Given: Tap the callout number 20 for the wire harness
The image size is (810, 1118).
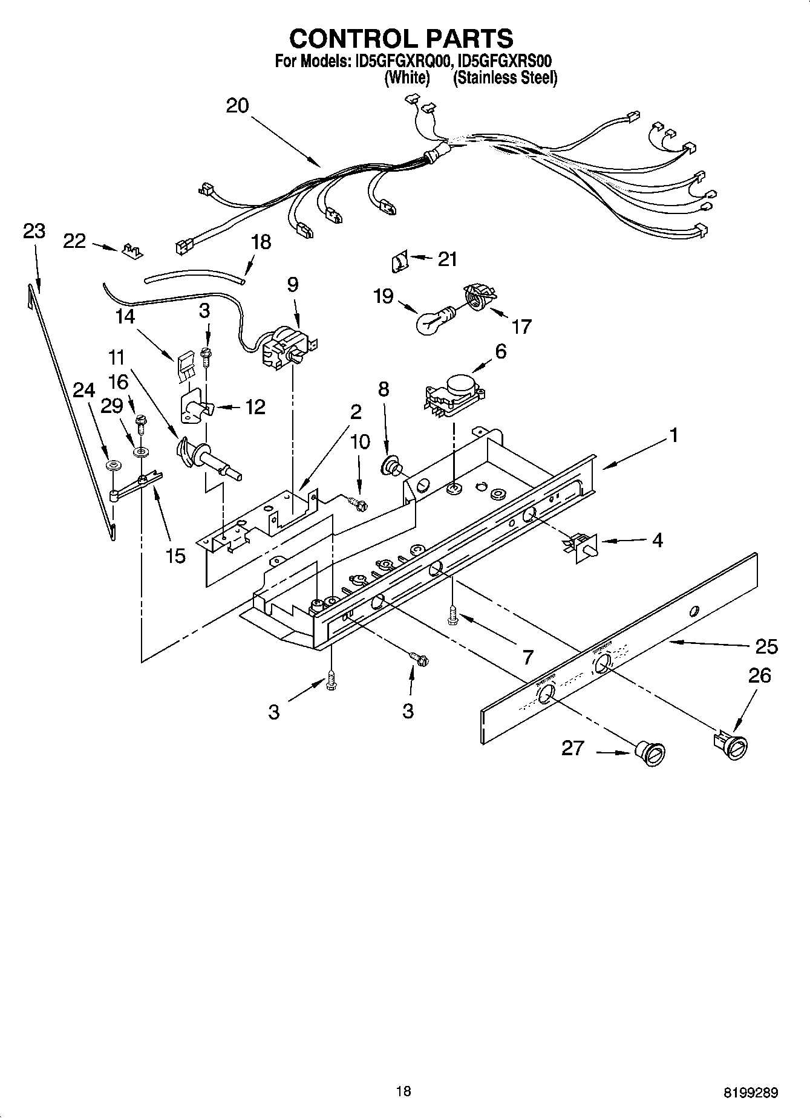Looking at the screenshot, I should [237, 106].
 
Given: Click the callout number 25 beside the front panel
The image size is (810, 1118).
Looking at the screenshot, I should [766, 646].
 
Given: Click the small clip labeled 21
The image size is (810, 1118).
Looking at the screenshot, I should [397, 263].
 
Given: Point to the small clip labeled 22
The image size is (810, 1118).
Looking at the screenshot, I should [131, 250].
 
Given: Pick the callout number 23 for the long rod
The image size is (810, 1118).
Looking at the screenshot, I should [34, 231].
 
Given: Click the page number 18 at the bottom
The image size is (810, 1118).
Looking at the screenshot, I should [403, 1091].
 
